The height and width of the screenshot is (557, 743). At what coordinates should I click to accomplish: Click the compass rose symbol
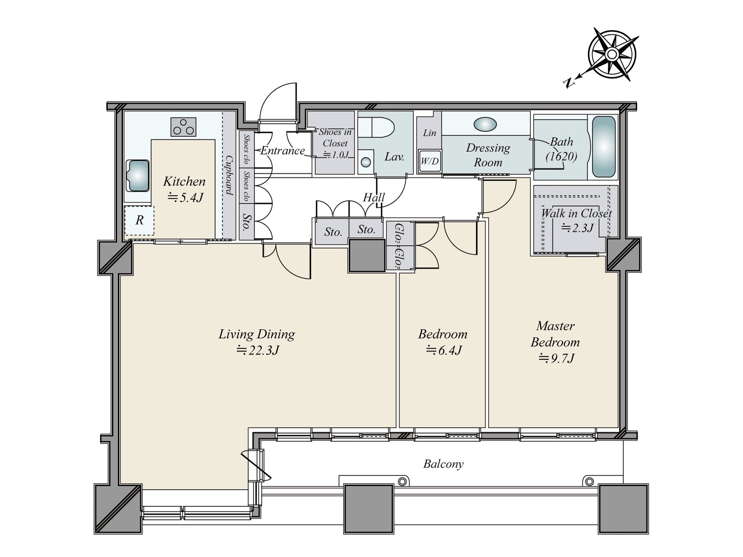tap(611, 54)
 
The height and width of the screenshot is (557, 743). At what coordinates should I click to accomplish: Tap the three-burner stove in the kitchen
tap(183, 127)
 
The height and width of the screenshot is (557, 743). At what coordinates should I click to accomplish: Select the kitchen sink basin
tap(137, 176)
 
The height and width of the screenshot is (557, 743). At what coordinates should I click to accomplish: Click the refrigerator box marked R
tap(139, 220)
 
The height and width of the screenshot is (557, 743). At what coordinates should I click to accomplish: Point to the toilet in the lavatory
tap(377, 127)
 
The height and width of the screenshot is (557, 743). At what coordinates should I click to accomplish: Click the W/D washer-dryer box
tap(430, 161)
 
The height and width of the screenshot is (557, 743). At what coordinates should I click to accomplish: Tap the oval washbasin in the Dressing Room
tap(485, 124)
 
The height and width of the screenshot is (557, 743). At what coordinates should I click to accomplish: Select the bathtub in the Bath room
tap(604, 147)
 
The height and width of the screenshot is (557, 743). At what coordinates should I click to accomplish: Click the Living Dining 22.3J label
tap(257, 342)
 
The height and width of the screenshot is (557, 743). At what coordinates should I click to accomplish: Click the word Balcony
tap(443, 464)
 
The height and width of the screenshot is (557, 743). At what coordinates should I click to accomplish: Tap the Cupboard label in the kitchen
tap(229, 175)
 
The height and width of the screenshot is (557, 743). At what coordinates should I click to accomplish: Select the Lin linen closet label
tap(430, 133)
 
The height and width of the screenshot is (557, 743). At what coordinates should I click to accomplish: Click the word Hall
tap(374, 197)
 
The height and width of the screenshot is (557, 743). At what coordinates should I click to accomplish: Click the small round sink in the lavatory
tap(366, 162)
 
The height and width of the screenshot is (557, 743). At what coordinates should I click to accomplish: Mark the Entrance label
tap(283, 150)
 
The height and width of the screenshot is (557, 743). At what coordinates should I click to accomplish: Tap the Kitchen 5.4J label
tap(184, 189)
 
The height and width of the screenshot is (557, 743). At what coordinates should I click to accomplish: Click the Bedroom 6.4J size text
tap(443, 350)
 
